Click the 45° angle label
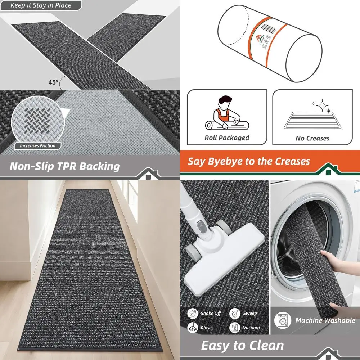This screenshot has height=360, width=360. pyautogui.click(x=53, y=82)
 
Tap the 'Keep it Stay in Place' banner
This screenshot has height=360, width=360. pyautogui.click(x=41, y=5)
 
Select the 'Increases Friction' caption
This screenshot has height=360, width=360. pyautogui.click(x=37, y=146)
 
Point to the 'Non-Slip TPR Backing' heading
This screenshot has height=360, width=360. pyautogui.click(x=64, y=166)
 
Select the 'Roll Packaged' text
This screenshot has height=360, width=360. pyautogui.click(x=227, y=138)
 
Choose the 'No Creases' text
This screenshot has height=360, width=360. pyautogui.click(x=312, y=138)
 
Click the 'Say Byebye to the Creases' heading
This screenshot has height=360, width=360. pyautogui.click(x=248, y=161)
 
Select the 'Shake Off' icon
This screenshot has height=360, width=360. pyautogui.click(x=193, y=313)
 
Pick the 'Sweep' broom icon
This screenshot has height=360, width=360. pyautogui.click(x=235, y=313)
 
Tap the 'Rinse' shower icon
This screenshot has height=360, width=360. pyautogui.click(x=193, y=328)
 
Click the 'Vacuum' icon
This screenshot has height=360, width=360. pyautogui.click(x=235, y=328)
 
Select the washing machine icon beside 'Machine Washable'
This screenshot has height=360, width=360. pyautogui.click(x=283, y=320)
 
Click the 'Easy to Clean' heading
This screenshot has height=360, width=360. pyautogui.click(x=242, y=346)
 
